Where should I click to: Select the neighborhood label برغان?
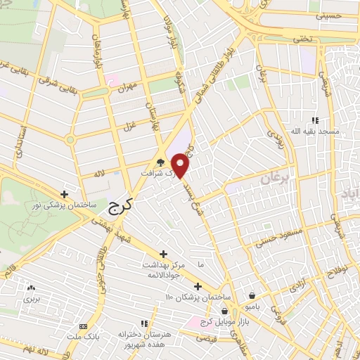(276, 180)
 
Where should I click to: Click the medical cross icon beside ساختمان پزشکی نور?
(65, 193)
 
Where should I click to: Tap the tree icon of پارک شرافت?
(161, 162)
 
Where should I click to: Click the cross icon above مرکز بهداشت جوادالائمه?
(164, 254)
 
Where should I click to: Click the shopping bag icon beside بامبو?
(252, 296)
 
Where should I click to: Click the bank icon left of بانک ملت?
(84, 327)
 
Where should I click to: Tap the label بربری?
(31, 299)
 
